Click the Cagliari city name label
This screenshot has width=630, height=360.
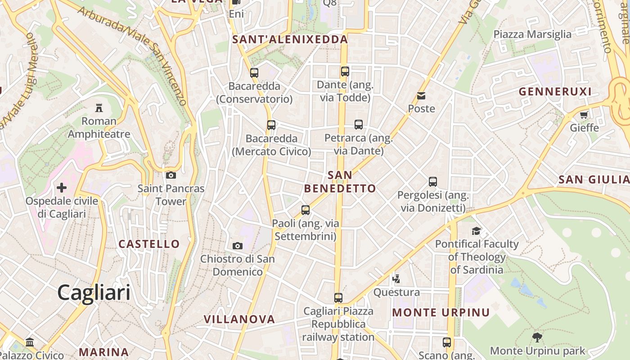pos(94,292)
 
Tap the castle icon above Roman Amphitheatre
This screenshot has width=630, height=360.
pos(99,108)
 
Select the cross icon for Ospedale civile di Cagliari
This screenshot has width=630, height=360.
pos(62,187)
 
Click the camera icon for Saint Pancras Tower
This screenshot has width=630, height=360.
pos(171,175)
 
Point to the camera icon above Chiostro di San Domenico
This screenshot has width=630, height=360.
pos(238,246)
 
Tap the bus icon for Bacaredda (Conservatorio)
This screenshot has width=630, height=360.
pos(254,72)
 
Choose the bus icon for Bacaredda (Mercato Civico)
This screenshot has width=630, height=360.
pos(271,125)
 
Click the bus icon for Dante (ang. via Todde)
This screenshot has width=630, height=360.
pos(345,71)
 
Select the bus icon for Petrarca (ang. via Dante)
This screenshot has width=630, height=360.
pos(359,125)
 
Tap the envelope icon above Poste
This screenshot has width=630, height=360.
pos(421,95)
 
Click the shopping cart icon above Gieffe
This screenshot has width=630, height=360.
pos(584,115)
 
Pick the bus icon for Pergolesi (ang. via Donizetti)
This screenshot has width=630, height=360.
pos(433,182)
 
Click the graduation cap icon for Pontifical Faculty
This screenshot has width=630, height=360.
pos(476,231)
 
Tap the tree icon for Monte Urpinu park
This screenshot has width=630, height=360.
pos(537,337)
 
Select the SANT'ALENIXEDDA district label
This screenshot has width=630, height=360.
pos(290,40)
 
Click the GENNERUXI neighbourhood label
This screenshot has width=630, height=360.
pos(555,92)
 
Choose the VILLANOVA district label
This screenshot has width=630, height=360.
pos(239,319)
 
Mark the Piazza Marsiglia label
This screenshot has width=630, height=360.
pos(532,34)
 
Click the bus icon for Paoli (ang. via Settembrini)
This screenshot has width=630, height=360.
pos(306,210)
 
